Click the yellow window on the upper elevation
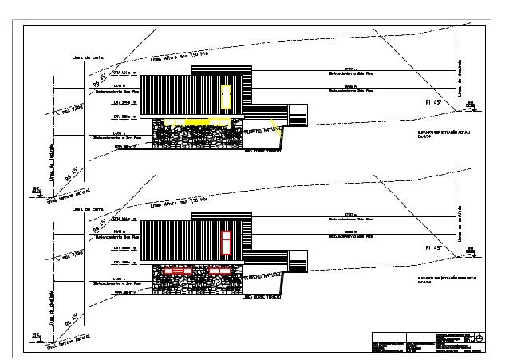[226, 97]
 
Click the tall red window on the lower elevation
[226, 241]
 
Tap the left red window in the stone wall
[176, 271]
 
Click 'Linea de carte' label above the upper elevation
[88, 57]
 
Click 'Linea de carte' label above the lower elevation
[88, 210]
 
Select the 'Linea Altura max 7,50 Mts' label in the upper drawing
[180, 57]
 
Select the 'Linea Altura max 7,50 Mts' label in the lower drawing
[180, 203]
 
